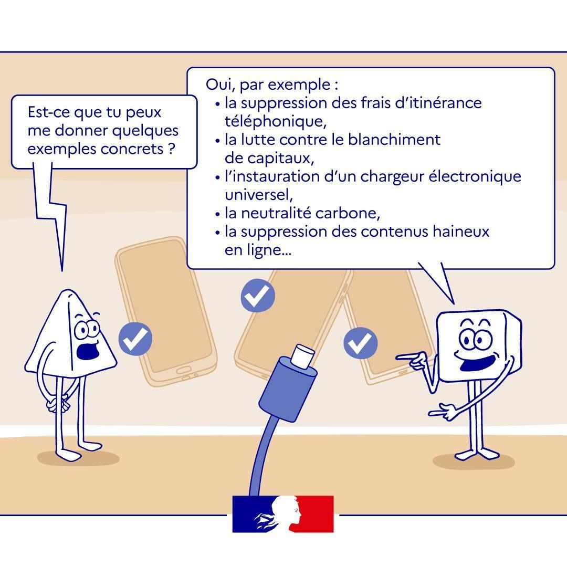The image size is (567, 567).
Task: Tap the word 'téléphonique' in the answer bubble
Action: (276, 121)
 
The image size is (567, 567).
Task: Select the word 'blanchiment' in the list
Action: (394, 140)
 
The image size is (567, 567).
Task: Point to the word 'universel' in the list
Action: (258, 195)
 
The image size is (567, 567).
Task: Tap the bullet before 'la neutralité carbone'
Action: (217, 214)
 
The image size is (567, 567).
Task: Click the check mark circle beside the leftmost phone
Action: (135, 339)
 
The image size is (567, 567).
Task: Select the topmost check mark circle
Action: (258, 296)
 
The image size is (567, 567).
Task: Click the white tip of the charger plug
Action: (302, 356)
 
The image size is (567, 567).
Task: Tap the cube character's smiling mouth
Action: (478, 363)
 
